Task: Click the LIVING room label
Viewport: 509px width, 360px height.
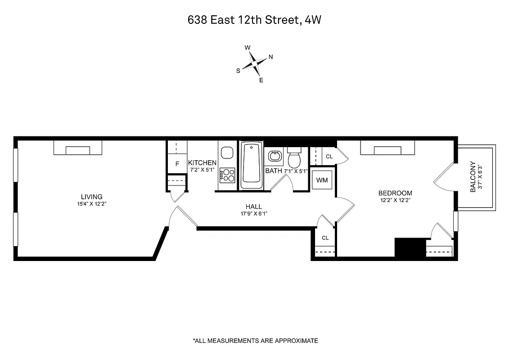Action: [x=91, y=197]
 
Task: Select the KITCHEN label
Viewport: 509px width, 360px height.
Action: [x=202, y=163]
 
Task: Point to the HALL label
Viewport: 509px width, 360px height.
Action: [x=253, y=207]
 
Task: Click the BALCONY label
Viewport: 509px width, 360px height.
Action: [x=473, y=177]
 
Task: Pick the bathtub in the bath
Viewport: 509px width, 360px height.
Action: [x=251, y=166]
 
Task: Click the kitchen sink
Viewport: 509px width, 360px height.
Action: [x=227, y=152]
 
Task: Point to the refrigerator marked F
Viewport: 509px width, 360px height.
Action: [x=177, y=164]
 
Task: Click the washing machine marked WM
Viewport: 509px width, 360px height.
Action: [x=322, y=180]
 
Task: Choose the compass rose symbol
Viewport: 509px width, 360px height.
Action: [x=255, y=63]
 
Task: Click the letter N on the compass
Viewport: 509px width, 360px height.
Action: [x=270, y=57]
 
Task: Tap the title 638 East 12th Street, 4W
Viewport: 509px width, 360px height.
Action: [x=254, y=20]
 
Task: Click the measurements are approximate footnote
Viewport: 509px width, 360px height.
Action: [x=255, y=341]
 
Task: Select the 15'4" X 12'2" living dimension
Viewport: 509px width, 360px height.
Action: [x=91, y=203]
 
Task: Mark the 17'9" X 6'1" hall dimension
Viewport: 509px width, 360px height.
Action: [x=253, y=213]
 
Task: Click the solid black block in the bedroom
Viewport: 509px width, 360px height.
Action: [x=410, y=247]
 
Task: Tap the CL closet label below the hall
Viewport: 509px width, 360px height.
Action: [x=325, y=238]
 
